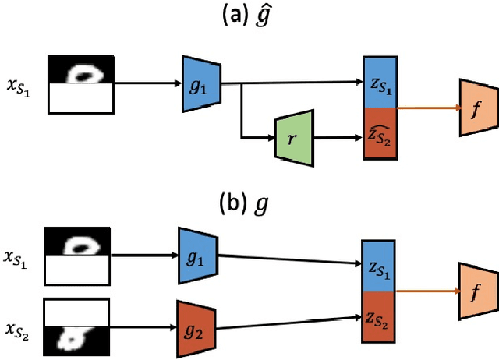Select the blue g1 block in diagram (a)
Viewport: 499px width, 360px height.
pos(199,80)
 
